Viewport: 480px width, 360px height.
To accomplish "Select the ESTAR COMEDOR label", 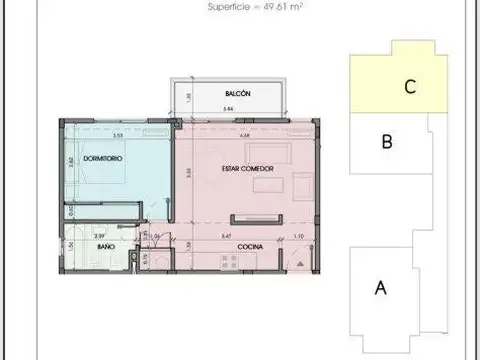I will pyautogui.click(x=245, y=169).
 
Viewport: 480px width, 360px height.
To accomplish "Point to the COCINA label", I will pyautogui.click(x=250, y=246).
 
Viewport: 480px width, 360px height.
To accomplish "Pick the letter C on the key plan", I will pyautogui.click(x=409, y=87).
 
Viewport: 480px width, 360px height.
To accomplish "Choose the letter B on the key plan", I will pyautogui.click(x=387, y=142).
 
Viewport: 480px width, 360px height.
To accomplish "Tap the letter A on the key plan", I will pyautogui.click(x=380, y=289).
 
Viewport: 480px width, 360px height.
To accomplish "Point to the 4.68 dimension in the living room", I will pyautogui.click(x=244, y=135).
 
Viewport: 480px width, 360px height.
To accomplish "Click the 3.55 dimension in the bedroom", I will pyautogui.click(x=117, y=135).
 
